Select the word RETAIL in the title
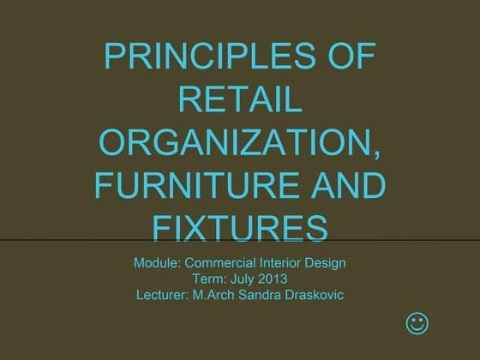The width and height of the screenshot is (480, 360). (240, 102)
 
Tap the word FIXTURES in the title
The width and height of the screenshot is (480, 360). (240, 228)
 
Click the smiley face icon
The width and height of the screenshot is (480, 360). (417, 324)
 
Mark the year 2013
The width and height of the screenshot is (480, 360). (272, 279)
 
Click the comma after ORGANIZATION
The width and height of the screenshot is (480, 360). (376, 155)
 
